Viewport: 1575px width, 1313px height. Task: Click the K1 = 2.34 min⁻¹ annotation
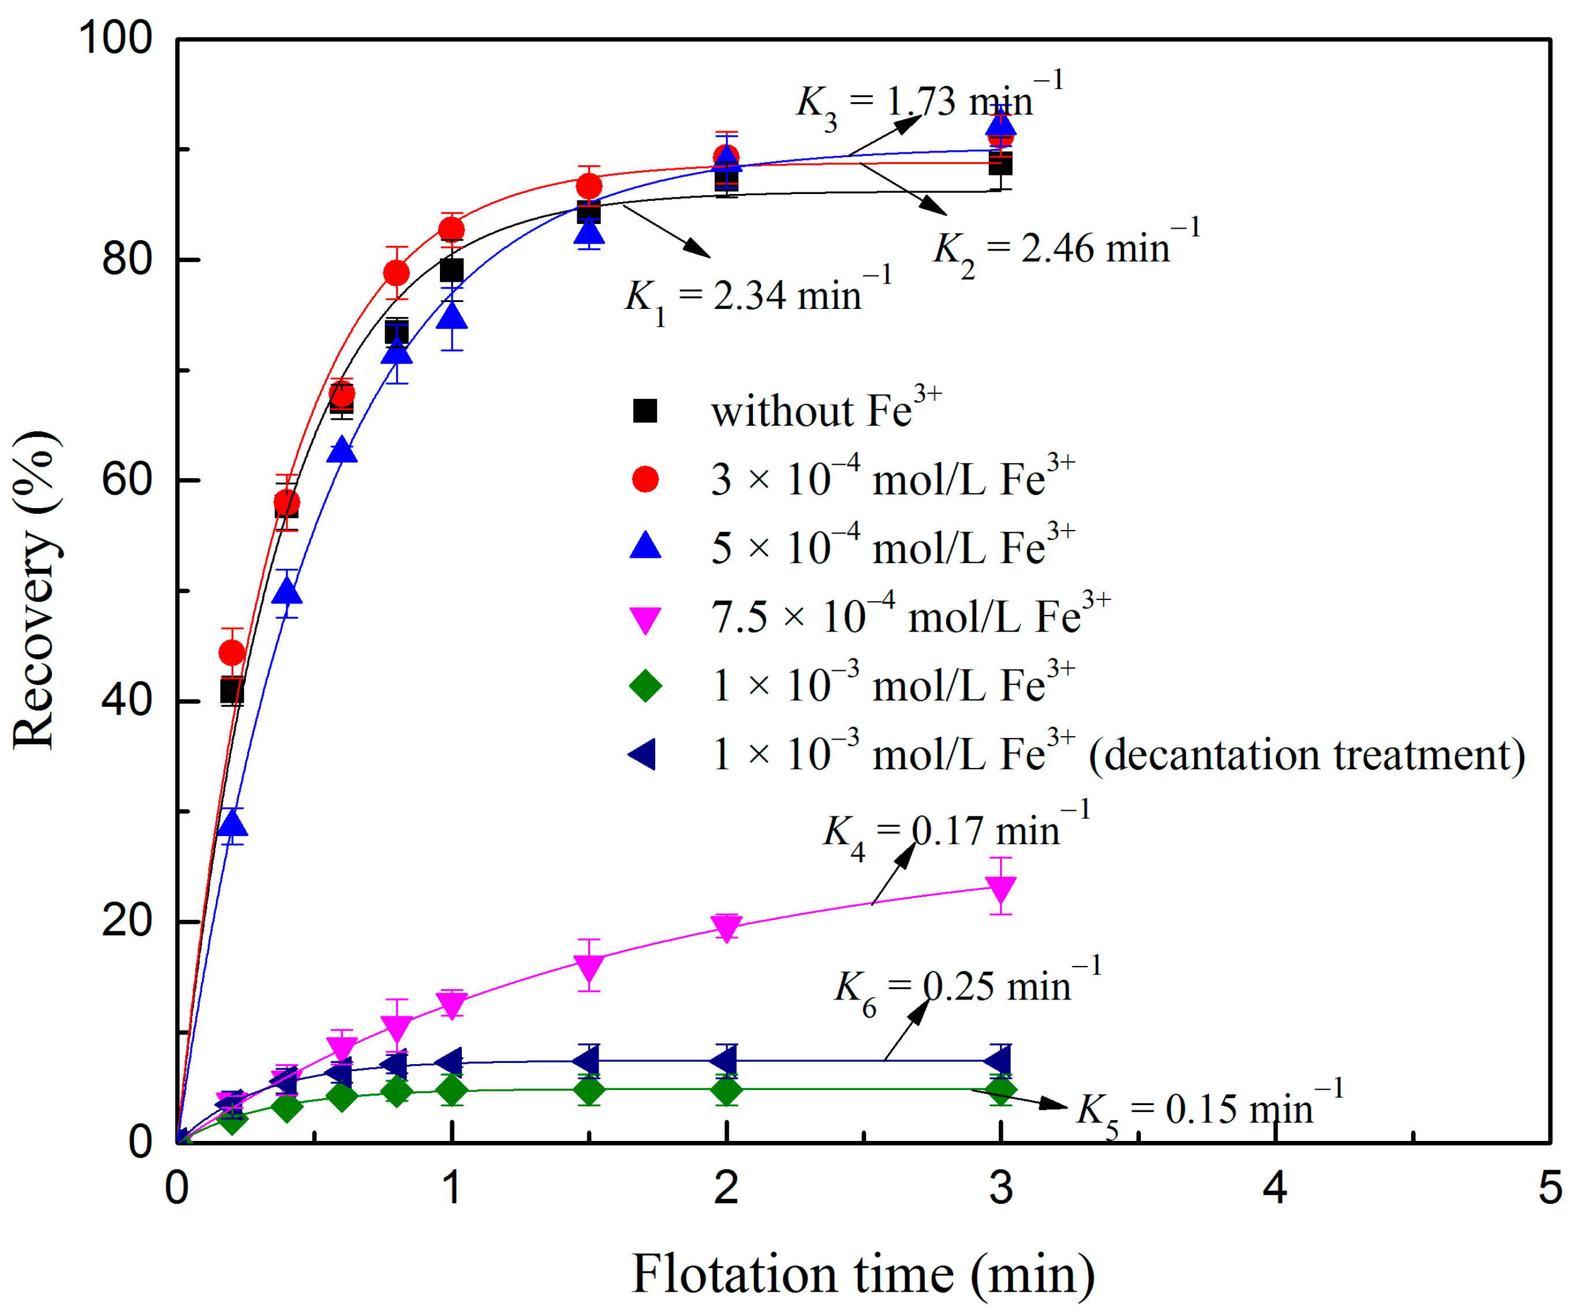[757, 296]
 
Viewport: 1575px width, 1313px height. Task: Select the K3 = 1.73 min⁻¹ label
[928, 101]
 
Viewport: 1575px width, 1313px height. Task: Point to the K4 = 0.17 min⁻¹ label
[956, 831]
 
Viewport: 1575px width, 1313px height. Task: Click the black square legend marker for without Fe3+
[645, 411]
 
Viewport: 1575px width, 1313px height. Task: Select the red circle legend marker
[645, 479]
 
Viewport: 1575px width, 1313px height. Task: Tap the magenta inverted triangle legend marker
[645, 620]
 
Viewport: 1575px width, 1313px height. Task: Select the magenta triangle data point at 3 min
[1001, 889]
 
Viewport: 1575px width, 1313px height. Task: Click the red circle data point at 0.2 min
[232, 652]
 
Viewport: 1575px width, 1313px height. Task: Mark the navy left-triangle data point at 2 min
[725, 1062]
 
